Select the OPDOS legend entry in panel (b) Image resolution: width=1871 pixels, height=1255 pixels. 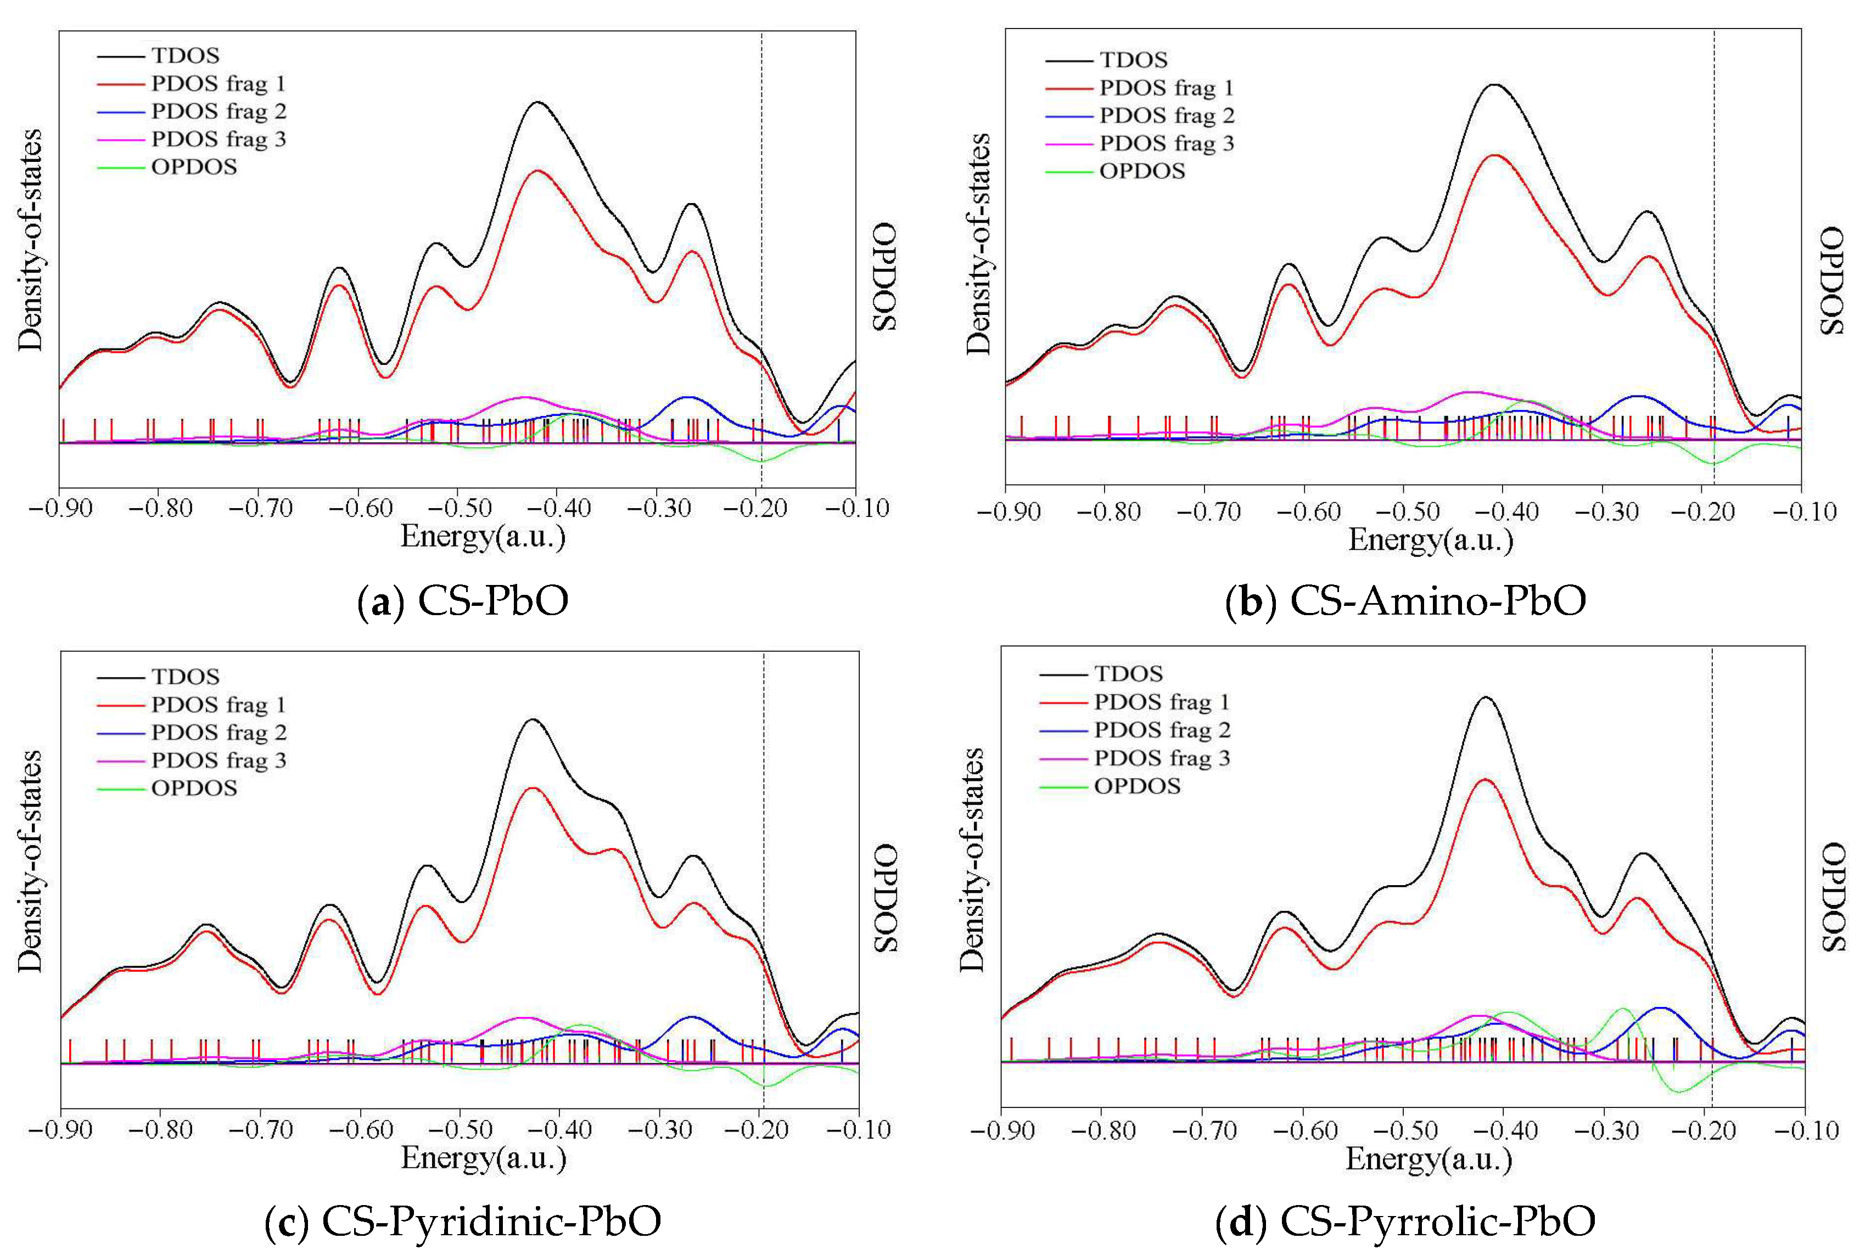[x=1141, y=171]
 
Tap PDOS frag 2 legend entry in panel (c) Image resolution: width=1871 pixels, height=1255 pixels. [x=218, y=733]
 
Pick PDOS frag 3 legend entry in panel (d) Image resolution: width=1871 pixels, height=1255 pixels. [x=1161, y=758]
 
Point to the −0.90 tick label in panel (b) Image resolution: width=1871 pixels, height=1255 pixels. [x=1007, y=512]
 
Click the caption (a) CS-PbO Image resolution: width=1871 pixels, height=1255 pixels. [x=463, y=601]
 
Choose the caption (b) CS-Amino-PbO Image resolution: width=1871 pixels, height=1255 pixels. [x=1405, y=601]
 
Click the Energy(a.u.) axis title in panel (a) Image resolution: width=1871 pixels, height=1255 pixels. [x=483, y=536]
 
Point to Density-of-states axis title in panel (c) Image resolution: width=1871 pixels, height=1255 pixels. [x=30, y=860]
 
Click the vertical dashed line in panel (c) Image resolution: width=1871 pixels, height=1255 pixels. [x=764, y=801]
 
